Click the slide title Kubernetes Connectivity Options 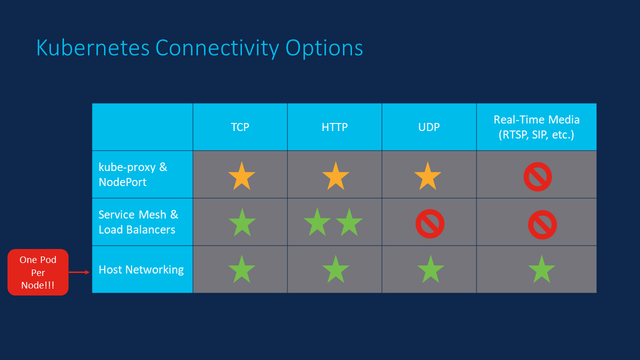199,48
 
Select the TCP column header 240,127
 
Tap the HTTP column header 334,127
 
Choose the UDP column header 429,127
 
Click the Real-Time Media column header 536,127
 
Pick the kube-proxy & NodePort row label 133,174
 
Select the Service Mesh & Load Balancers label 138,222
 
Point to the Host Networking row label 141,269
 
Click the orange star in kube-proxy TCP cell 241,176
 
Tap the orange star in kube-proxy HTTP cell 335,176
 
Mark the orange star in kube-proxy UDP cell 427,176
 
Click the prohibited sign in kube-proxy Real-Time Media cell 537,176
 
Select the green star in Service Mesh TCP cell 242,223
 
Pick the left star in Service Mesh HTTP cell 317,222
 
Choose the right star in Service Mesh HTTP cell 349,222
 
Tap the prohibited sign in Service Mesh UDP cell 429,223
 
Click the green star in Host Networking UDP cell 430,270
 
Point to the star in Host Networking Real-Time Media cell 541,270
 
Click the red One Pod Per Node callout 38,272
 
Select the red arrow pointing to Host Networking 79,272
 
